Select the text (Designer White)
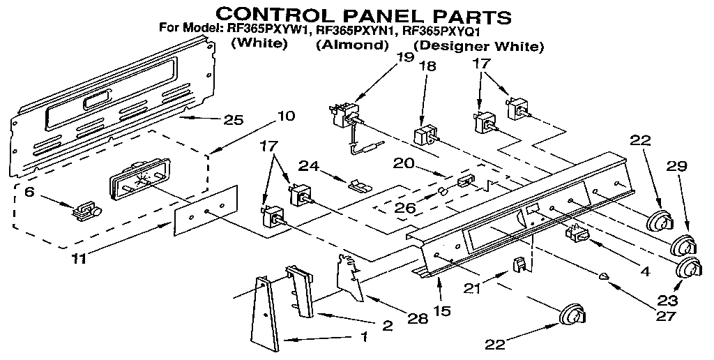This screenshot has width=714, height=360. tap(478, 47)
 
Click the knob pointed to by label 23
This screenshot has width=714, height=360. tap(690, 267)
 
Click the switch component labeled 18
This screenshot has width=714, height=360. tap(425, 135)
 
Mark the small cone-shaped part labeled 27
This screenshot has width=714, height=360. tap(605, 276)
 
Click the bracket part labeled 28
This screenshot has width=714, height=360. tap(349, 276)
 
